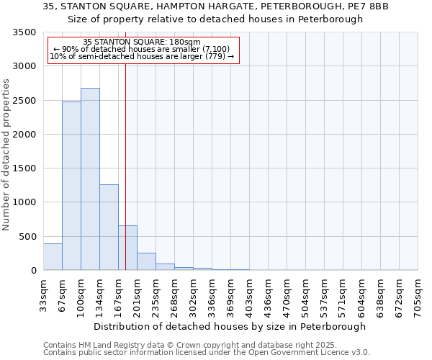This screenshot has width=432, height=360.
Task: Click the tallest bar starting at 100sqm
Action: pos(90,179)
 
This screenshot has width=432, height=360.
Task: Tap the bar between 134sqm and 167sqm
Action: pos(109,228)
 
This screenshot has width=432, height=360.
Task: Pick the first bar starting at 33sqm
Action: pos(53,257)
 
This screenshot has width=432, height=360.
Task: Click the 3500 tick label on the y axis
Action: pos(24,32)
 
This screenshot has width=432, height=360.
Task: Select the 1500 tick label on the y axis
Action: pos(24,168)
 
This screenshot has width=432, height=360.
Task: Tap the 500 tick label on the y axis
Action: pos(27,236)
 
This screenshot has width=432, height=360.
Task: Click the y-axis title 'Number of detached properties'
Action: pos(6,155)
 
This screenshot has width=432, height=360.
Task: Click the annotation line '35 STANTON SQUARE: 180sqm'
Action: pos(142,42)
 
